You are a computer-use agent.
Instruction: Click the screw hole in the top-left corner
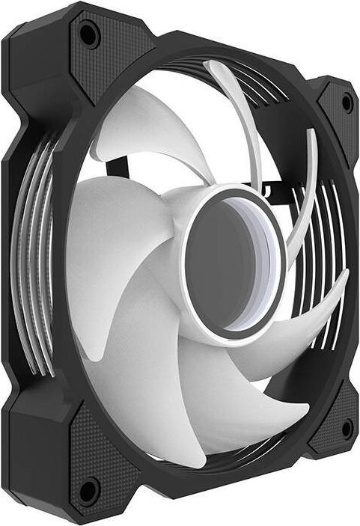click(x=89, y=34)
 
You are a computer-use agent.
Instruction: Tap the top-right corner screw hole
click(x=347, y=103)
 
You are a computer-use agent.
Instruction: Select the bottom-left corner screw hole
click(x=88, y=491)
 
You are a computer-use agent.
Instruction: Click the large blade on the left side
click(x=112, y=239)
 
